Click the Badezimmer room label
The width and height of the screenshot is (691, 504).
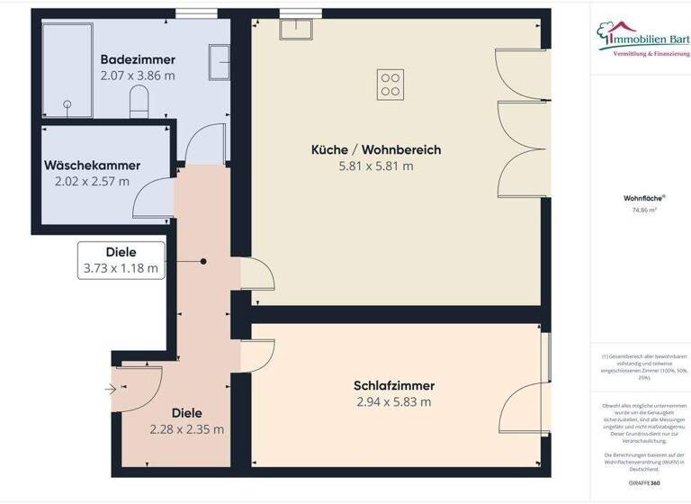click(x=139, y=60)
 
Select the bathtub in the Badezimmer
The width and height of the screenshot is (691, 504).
click(x=66, y=69)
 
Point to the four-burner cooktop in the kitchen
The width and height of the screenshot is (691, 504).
click(x=390, y=84)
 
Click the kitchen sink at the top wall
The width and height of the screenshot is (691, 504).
click(x=294, y=27)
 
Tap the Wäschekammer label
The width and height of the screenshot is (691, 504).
click(x=91, y=166)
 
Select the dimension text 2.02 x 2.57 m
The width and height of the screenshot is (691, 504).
click(x=91, y=181)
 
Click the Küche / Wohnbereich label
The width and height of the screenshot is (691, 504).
click(x=376, y=149)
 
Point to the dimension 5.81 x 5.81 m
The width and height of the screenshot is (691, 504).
click(x=376, y=166)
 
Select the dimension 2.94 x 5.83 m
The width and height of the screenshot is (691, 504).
click(x=394, y=401)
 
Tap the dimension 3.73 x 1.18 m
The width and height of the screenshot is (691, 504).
click(x=121, y=268)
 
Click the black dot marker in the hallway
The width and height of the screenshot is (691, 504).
click(x=203, y=262)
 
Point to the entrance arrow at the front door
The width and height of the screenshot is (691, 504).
click(x=111, y=390)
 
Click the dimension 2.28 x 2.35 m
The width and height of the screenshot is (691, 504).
click(x=186, y=429)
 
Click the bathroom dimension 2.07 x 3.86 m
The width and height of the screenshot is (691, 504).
click(x=139, y=76)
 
